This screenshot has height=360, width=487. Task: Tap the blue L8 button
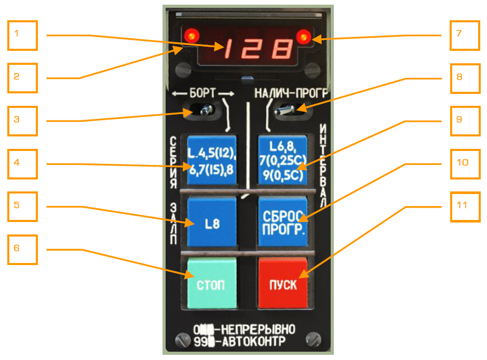(212, 224)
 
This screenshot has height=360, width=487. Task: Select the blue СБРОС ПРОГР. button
(283, 222)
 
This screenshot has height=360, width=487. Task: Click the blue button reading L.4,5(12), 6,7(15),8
(212, 159)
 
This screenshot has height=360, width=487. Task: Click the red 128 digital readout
(257, 51)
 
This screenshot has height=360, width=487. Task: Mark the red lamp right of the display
(303, 36)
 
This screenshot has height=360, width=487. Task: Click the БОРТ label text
(203, 93)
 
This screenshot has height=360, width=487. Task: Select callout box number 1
(23, 35)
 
